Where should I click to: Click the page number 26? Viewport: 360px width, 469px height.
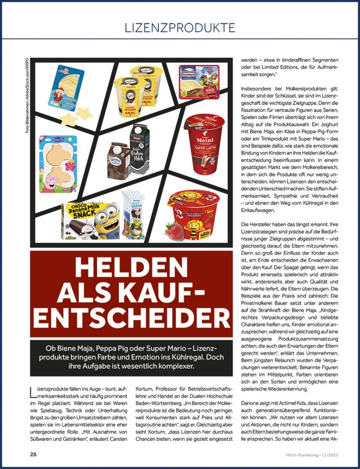pyautogui.click(x=33, y=454)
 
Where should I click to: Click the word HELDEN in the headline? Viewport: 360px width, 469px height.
pyautogui.click(x=131, y=269)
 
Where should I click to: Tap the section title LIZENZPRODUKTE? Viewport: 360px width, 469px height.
pyautogui.click(x=180, y=28)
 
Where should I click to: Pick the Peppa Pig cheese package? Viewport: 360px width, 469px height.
pyautogui.click(x=58, y=161)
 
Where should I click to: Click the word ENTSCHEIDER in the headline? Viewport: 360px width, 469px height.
pyautogui.click(x=131, y=318)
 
